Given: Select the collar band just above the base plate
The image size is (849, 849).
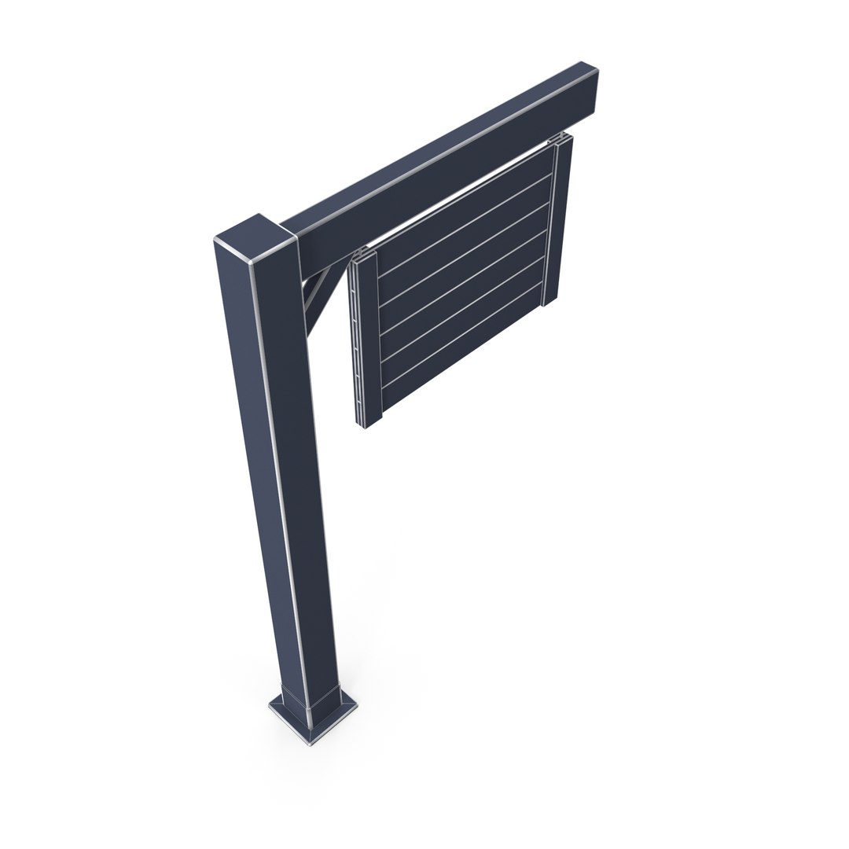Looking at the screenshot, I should (x=311, y=696).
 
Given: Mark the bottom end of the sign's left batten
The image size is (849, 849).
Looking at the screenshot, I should (x=369, y=422).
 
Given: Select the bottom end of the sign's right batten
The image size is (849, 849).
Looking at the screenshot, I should (x=552, y=298).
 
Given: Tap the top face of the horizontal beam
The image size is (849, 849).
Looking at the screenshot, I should (x=440, y=145).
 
